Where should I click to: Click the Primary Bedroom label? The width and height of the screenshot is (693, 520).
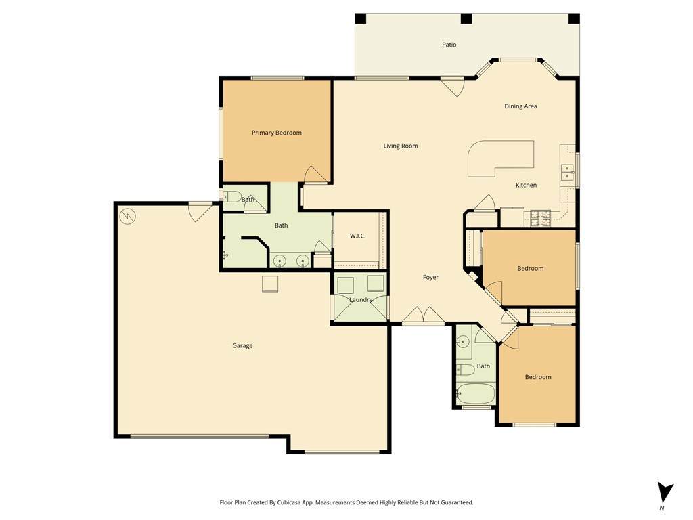[277, 133]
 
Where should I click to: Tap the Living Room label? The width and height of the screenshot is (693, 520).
[401, 146]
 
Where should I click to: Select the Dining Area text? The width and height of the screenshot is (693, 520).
[520, 106]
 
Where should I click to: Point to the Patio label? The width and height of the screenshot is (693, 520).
[449, 45]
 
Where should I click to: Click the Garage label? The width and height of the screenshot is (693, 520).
[243, 346]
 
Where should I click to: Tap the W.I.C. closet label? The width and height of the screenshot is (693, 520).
[357, 236]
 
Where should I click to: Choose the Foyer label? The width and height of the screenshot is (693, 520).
[430, 277]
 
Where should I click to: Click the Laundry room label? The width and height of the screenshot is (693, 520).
[361, 300]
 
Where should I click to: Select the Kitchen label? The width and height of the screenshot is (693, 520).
[527, 186]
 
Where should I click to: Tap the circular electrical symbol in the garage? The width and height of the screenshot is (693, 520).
[127, 216]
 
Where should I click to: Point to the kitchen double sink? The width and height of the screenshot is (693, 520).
[566, 172]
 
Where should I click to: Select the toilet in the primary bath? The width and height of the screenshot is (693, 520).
[231, 196]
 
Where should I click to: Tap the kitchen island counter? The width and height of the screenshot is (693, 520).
[501, 159]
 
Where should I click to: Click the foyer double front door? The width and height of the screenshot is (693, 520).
[424, 315]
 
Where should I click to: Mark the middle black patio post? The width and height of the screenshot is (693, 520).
[466, 18]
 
